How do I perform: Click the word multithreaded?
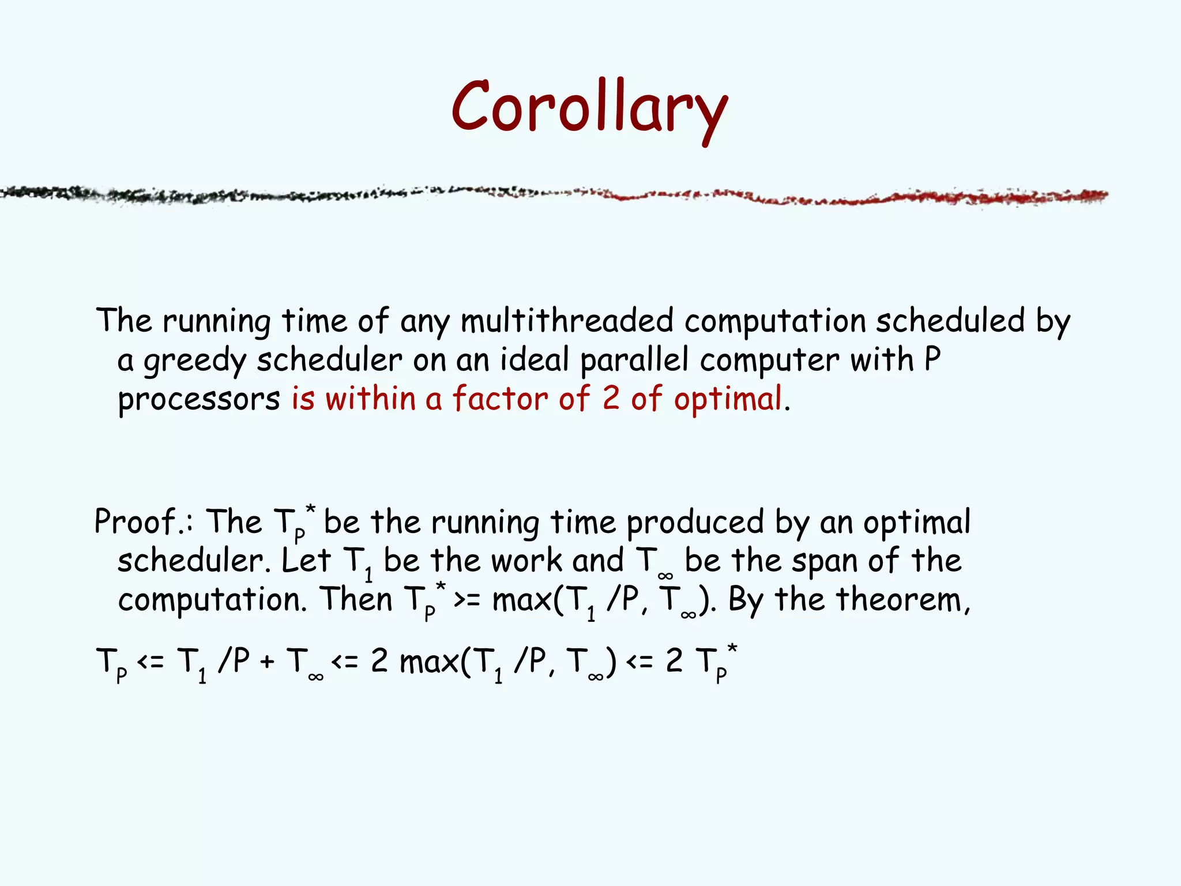(x=567, y=321)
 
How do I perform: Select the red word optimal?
(x=728, y=399)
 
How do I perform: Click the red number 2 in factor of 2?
(x=611, y=399)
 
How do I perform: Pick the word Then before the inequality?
(x=356, y=599)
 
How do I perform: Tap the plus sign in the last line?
(x=266, y=662)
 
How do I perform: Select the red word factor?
(x=499, y=399)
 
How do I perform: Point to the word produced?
(x=695, y=523)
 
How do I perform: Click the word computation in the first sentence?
(x=774, y=321)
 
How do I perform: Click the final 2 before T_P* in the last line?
(x=674, y=661)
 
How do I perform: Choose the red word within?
(x=370, y=399)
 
